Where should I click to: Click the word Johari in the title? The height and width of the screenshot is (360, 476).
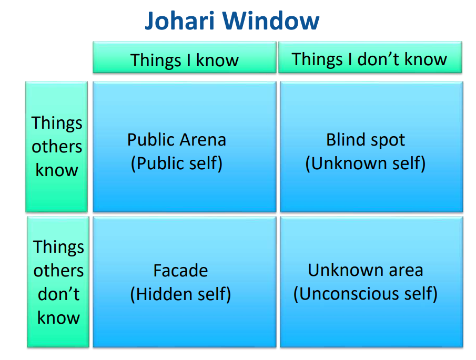point(180,21)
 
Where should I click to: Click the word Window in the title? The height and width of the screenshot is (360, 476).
point(271,20)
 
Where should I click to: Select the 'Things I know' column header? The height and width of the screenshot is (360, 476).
point(185,57)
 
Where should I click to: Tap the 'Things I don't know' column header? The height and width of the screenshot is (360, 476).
point(370,57)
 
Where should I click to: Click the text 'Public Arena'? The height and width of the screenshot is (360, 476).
point(177,140)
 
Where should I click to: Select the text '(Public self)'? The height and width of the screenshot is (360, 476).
point(177,163)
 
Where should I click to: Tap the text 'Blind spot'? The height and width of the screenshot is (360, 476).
point(366,140)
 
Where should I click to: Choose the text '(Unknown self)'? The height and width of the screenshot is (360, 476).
point(366,163)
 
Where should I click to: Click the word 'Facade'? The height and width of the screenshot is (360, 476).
point(180,271)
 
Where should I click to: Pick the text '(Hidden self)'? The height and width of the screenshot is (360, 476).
point(180,294)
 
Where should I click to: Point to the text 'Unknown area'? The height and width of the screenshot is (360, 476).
point(366,270)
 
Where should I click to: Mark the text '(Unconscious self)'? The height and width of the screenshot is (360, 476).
point(366,294)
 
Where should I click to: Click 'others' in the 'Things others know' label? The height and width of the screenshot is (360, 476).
point(57,147)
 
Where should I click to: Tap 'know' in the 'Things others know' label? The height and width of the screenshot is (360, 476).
point(57,170)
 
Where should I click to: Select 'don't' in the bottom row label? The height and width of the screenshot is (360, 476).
point(58,294)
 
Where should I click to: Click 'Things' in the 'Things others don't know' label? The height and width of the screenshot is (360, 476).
point(58,248)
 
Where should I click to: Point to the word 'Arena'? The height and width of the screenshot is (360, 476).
point(203,140)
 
